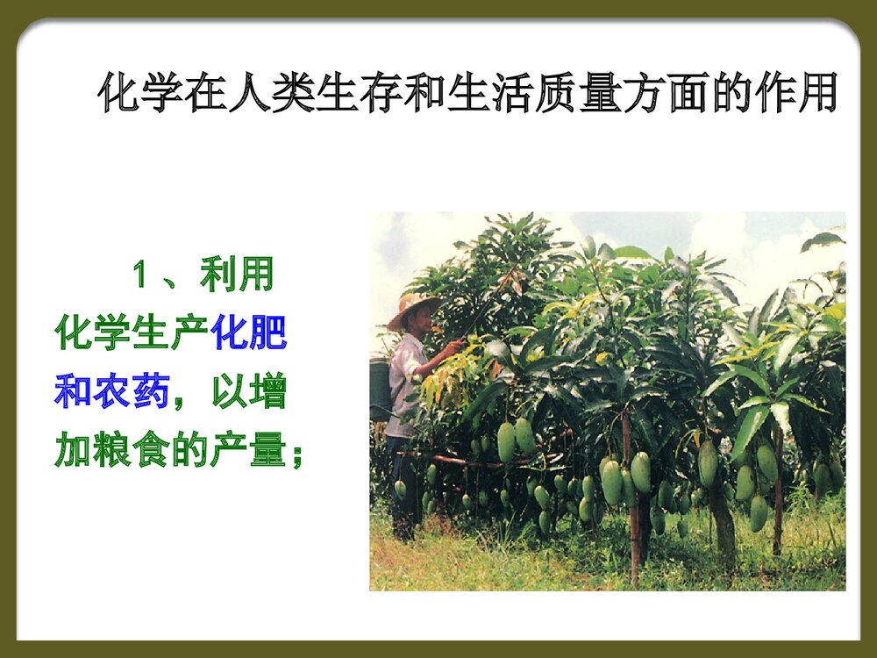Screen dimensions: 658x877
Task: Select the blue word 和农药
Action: [112, 392]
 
